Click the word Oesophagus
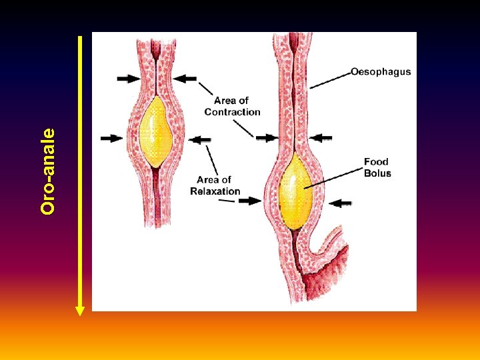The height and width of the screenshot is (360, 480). point(381,71)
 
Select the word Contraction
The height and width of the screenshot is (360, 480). point(232,112)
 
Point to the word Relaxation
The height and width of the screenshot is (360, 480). point(215,191)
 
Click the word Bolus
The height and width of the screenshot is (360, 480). point(377,173)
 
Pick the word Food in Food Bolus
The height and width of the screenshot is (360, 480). point(376,162)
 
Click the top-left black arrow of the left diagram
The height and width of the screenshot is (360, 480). point(129,79)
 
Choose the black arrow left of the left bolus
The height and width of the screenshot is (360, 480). point(111,139)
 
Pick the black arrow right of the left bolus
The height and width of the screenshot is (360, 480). point(200,139)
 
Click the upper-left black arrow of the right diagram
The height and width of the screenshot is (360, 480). point(266,138)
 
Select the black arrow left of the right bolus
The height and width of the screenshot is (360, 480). point(250,200)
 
